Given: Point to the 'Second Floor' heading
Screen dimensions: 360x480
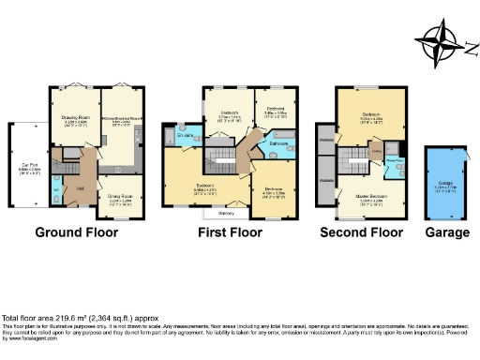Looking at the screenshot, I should pyautogui.click(x=361, y=232).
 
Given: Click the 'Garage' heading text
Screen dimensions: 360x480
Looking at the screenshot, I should pyautogui.click(x=446, y=232).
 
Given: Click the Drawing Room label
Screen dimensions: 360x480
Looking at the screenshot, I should pyautogui.click(x=76, y=122).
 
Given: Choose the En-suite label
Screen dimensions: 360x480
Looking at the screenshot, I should pyautogui.click(x=184, y=134).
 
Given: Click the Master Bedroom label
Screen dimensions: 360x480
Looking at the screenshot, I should pyautogui.click(x=369, y=196).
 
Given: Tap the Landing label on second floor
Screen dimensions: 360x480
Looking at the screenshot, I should pyautogui.click(x=375, y=151).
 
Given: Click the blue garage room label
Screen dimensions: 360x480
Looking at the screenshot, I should pyautogui.click(x=446, y=186).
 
